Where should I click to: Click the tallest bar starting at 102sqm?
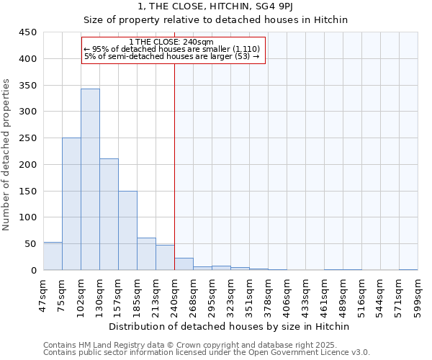tap(90, 180)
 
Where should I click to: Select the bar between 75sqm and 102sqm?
tap(71, 204)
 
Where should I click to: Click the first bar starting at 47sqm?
tap(53, 256)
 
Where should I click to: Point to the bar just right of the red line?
tap(184, 264)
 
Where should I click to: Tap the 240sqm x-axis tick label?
tap(174, 293)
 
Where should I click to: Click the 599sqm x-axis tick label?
tap(418, 293)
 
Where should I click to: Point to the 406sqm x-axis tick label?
tap(287, 293)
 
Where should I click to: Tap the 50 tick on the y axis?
tap(31, 244)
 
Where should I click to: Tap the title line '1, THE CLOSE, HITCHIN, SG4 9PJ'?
tap(215, 6)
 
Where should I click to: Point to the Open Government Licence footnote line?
tap(207, 353)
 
